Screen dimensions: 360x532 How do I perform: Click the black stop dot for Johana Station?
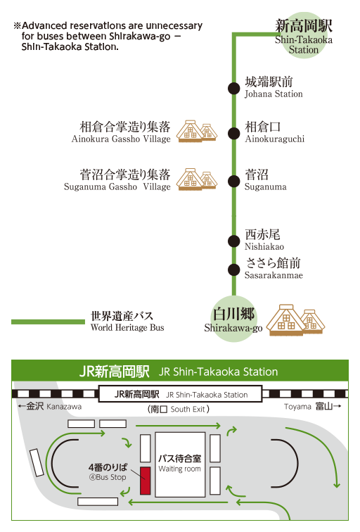coord(233,88)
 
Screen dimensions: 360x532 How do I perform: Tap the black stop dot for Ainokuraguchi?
coord(233,133)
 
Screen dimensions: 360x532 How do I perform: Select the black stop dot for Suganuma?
coord(233,181)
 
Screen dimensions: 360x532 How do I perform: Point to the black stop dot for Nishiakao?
coord(233,241)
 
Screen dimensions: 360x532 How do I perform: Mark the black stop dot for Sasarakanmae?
coord(233,270)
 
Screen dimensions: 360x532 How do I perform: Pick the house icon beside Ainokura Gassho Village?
coord(197,131)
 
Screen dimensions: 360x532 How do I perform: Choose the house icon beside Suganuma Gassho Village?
coord(197,179)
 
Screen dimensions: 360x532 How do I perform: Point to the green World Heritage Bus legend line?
coord(48,322)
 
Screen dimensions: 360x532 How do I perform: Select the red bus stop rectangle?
coord(145,481)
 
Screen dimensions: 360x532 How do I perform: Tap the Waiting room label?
coord(180,469)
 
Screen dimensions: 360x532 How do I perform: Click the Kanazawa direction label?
coord(64,407)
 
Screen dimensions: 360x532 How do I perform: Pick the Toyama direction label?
coord(297,407)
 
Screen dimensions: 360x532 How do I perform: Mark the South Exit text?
coord(188,409)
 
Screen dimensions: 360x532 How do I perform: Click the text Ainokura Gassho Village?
coord(121,139)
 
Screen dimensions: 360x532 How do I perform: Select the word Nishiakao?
coord(264,247)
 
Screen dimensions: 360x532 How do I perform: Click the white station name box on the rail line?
coord(180,394)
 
